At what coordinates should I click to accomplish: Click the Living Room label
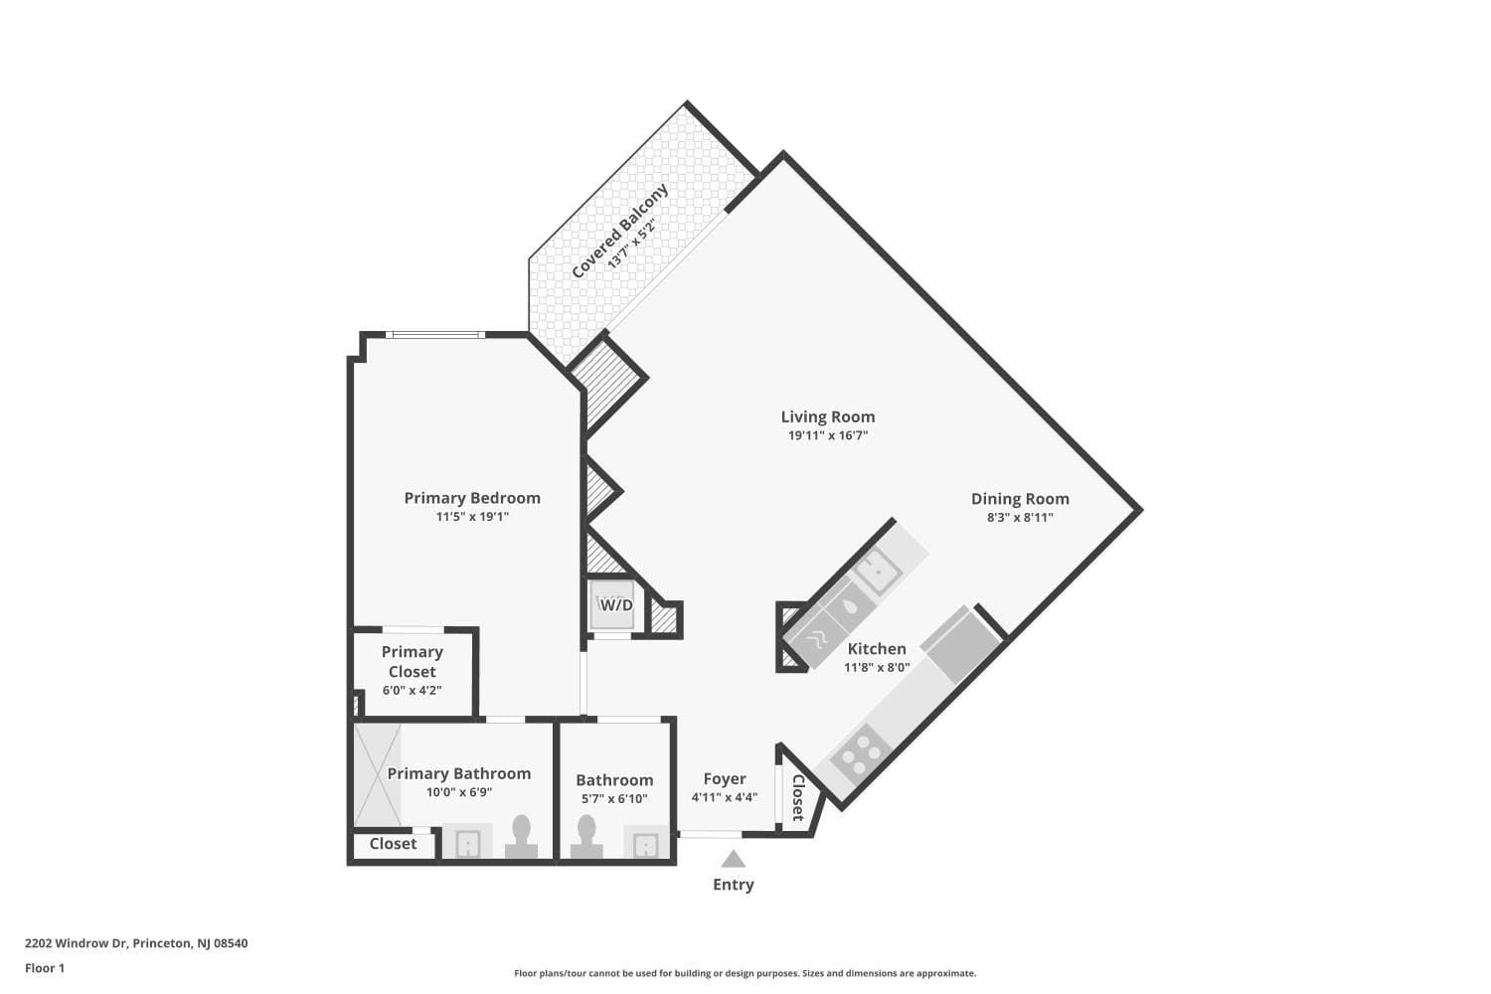point(827,416)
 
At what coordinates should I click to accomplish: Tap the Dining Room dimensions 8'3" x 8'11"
point(1020,517)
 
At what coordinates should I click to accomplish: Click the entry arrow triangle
point(733,859)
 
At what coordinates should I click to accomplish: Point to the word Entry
point(733,885)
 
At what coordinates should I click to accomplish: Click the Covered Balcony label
point(619,231)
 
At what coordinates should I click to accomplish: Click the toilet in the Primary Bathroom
point(521,837)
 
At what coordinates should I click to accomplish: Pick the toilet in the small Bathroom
point(586,837)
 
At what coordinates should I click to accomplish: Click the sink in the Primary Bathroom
point(467,843)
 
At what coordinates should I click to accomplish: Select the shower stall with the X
point(377,775)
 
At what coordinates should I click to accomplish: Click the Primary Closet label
point(412,661)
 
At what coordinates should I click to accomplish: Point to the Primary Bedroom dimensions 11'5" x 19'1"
point(472,517)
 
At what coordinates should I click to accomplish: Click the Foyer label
point(725,779)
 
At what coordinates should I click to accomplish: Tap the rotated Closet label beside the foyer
point(797,797)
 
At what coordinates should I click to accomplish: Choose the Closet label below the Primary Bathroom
point(393,844)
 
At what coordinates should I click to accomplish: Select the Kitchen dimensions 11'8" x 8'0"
point(877,667)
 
